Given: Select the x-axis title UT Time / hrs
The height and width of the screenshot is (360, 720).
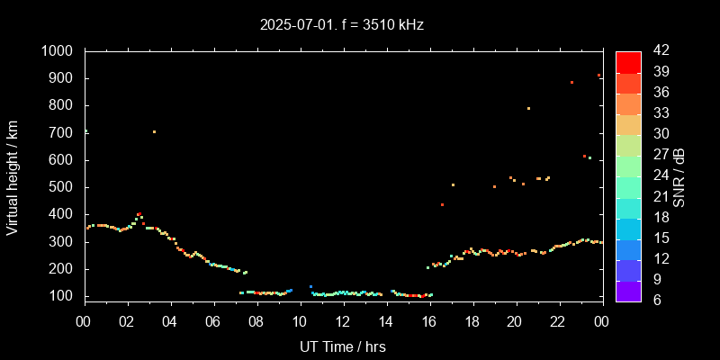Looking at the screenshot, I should (343, 346).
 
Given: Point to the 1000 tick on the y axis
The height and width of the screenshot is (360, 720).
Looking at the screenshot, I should (60, 51).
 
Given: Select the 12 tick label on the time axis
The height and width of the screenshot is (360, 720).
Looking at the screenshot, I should (343, 321).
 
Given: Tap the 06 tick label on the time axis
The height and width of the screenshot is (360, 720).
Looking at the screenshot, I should (213, 321).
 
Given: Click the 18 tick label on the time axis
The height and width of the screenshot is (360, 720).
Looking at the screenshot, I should (472, 321).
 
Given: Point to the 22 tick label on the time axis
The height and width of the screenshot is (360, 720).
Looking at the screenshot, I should (558, 321).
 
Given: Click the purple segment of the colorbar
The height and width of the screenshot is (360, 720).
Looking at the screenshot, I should (628, 290).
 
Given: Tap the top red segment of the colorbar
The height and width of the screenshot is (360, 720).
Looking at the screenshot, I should (628, 61).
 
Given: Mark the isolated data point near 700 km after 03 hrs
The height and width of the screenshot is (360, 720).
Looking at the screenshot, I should (154, 132).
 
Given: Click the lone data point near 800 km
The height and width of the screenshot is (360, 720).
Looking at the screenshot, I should (528, 108).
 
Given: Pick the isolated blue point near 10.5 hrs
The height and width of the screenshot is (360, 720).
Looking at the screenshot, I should (310, 286).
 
